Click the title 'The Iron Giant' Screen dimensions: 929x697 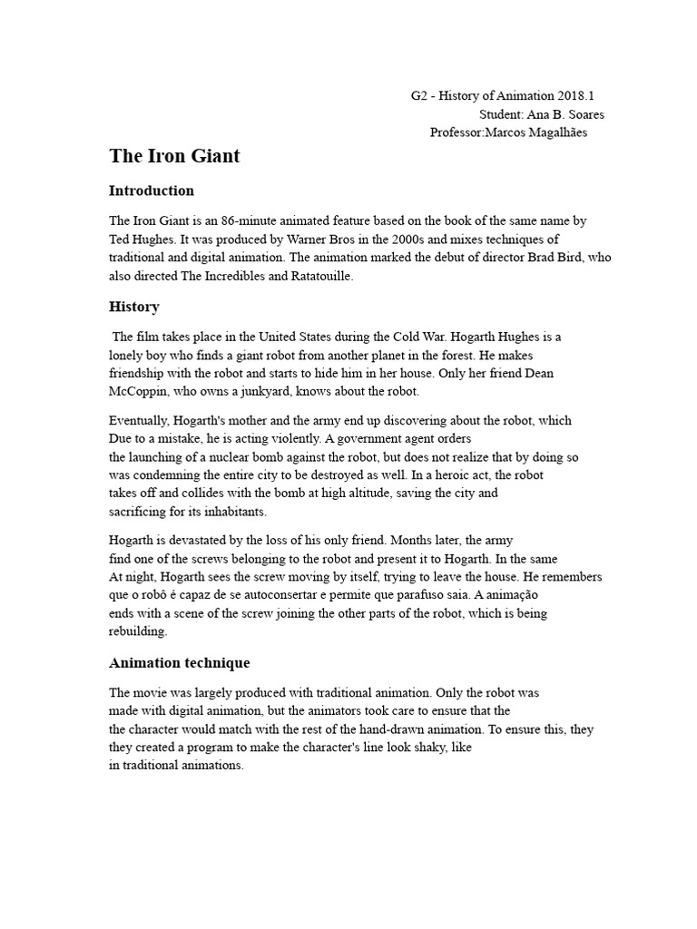click(174, 156)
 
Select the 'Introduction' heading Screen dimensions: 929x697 click(152, 191)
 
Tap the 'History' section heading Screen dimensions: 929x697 click(134, 307)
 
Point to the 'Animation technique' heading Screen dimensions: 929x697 click(179, 663)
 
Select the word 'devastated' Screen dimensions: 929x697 click(208, 541)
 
